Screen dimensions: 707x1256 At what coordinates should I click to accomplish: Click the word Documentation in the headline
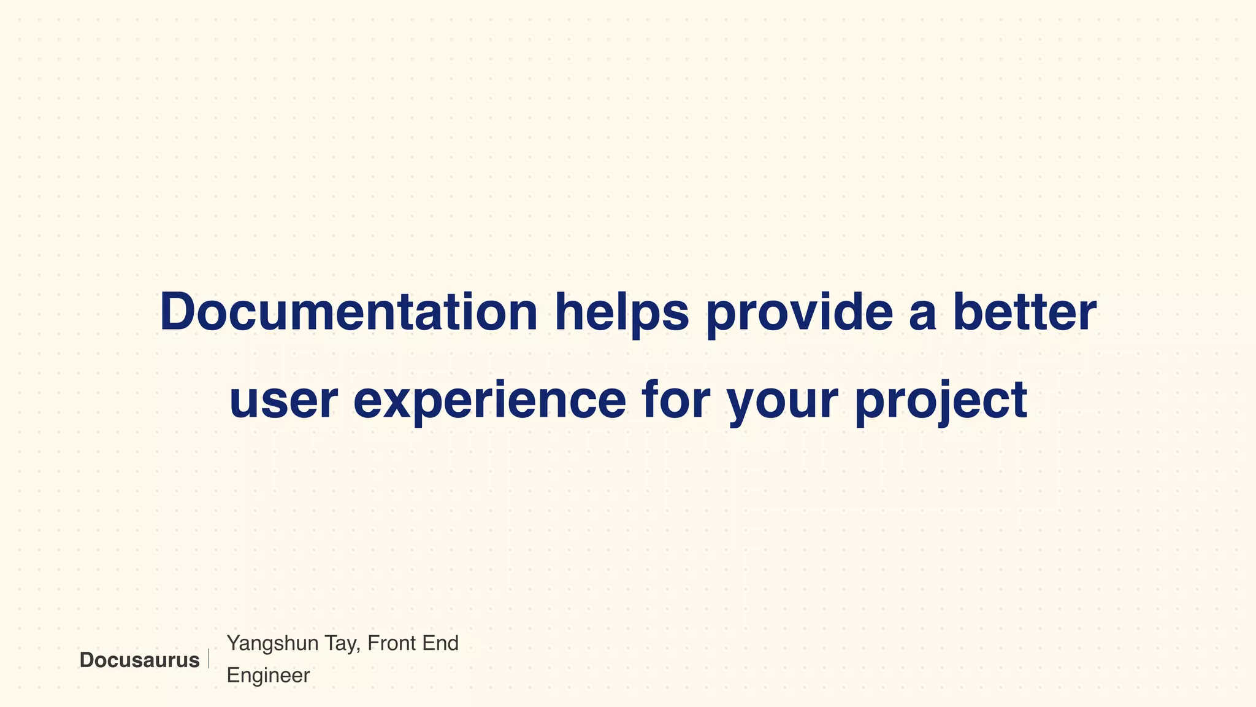[348, 312]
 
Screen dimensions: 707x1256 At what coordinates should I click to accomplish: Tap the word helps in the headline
[622, 312]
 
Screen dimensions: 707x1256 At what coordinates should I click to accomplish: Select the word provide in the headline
[799, 312]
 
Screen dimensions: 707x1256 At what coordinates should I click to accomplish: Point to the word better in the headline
[1025, 312]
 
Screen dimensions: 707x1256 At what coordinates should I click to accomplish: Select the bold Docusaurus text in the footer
[139, 660]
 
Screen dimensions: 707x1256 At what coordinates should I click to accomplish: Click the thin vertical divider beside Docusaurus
[209, 659]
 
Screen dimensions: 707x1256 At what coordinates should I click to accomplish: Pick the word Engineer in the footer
[268, 676]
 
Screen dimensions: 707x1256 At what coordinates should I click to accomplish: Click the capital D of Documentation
[178, 312]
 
